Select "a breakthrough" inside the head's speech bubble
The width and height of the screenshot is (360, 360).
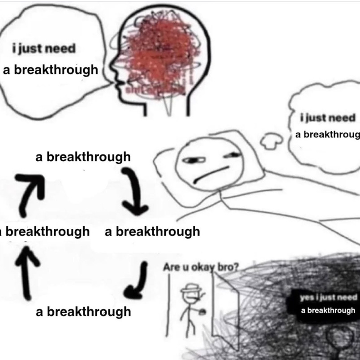(50, 69)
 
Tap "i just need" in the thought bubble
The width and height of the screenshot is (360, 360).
(328, 118)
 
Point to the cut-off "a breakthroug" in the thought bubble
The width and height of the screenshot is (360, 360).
(327, 134)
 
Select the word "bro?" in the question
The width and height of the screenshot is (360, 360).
(228, 267)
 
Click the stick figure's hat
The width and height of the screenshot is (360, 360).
(190, 287)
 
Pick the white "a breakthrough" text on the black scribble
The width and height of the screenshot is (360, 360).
(328, 310)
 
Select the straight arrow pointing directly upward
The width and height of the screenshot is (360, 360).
(26, 274)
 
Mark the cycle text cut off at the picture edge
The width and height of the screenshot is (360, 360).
(45, 231)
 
